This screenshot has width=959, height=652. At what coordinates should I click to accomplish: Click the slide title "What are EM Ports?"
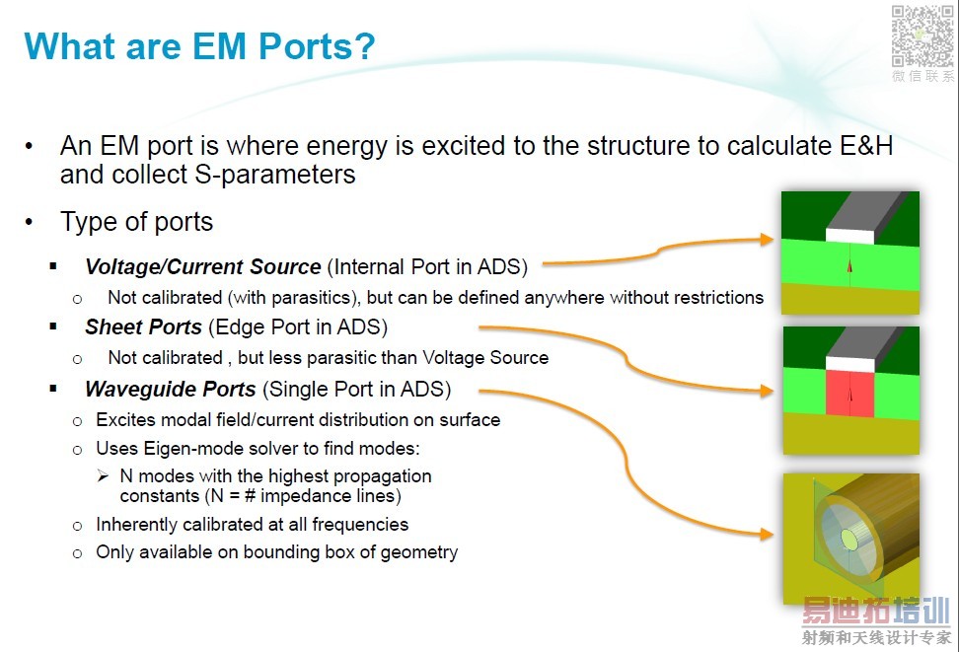coord(199,46)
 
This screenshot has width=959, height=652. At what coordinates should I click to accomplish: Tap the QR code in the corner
coord(922,36)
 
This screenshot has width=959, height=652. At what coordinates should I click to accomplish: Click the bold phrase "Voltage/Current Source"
coord(203,266)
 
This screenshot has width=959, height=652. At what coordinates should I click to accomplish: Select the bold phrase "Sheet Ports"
coord(144,327)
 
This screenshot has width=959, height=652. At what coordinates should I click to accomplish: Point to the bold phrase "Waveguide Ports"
coord(171,389)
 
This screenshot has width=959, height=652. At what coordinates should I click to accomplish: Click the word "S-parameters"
coord(275,175)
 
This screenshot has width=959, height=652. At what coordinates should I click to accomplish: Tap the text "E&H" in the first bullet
coord(866,146)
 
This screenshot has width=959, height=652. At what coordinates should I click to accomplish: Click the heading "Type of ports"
coord(136,222)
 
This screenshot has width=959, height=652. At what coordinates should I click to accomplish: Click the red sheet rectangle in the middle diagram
coord(849,395)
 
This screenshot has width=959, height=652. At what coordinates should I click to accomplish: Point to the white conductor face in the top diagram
coord(850,236)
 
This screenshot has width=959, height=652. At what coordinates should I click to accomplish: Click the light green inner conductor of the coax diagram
coord(848,539)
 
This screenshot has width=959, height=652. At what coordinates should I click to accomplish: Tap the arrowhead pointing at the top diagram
coord(767,240)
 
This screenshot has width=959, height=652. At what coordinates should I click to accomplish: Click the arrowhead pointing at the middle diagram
coord(767,391)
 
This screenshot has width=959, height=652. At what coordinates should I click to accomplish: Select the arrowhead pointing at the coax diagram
coord(767,535)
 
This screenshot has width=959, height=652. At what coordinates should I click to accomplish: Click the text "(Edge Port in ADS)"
coord(298,327)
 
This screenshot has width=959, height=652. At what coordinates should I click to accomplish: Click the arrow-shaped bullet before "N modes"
coord(103,475)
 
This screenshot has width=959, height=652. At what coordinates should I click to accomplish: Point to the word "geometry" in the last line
coord(419,553)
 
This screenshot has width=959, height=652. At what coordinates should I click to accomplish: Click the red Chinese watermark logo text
coord(876,611)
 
